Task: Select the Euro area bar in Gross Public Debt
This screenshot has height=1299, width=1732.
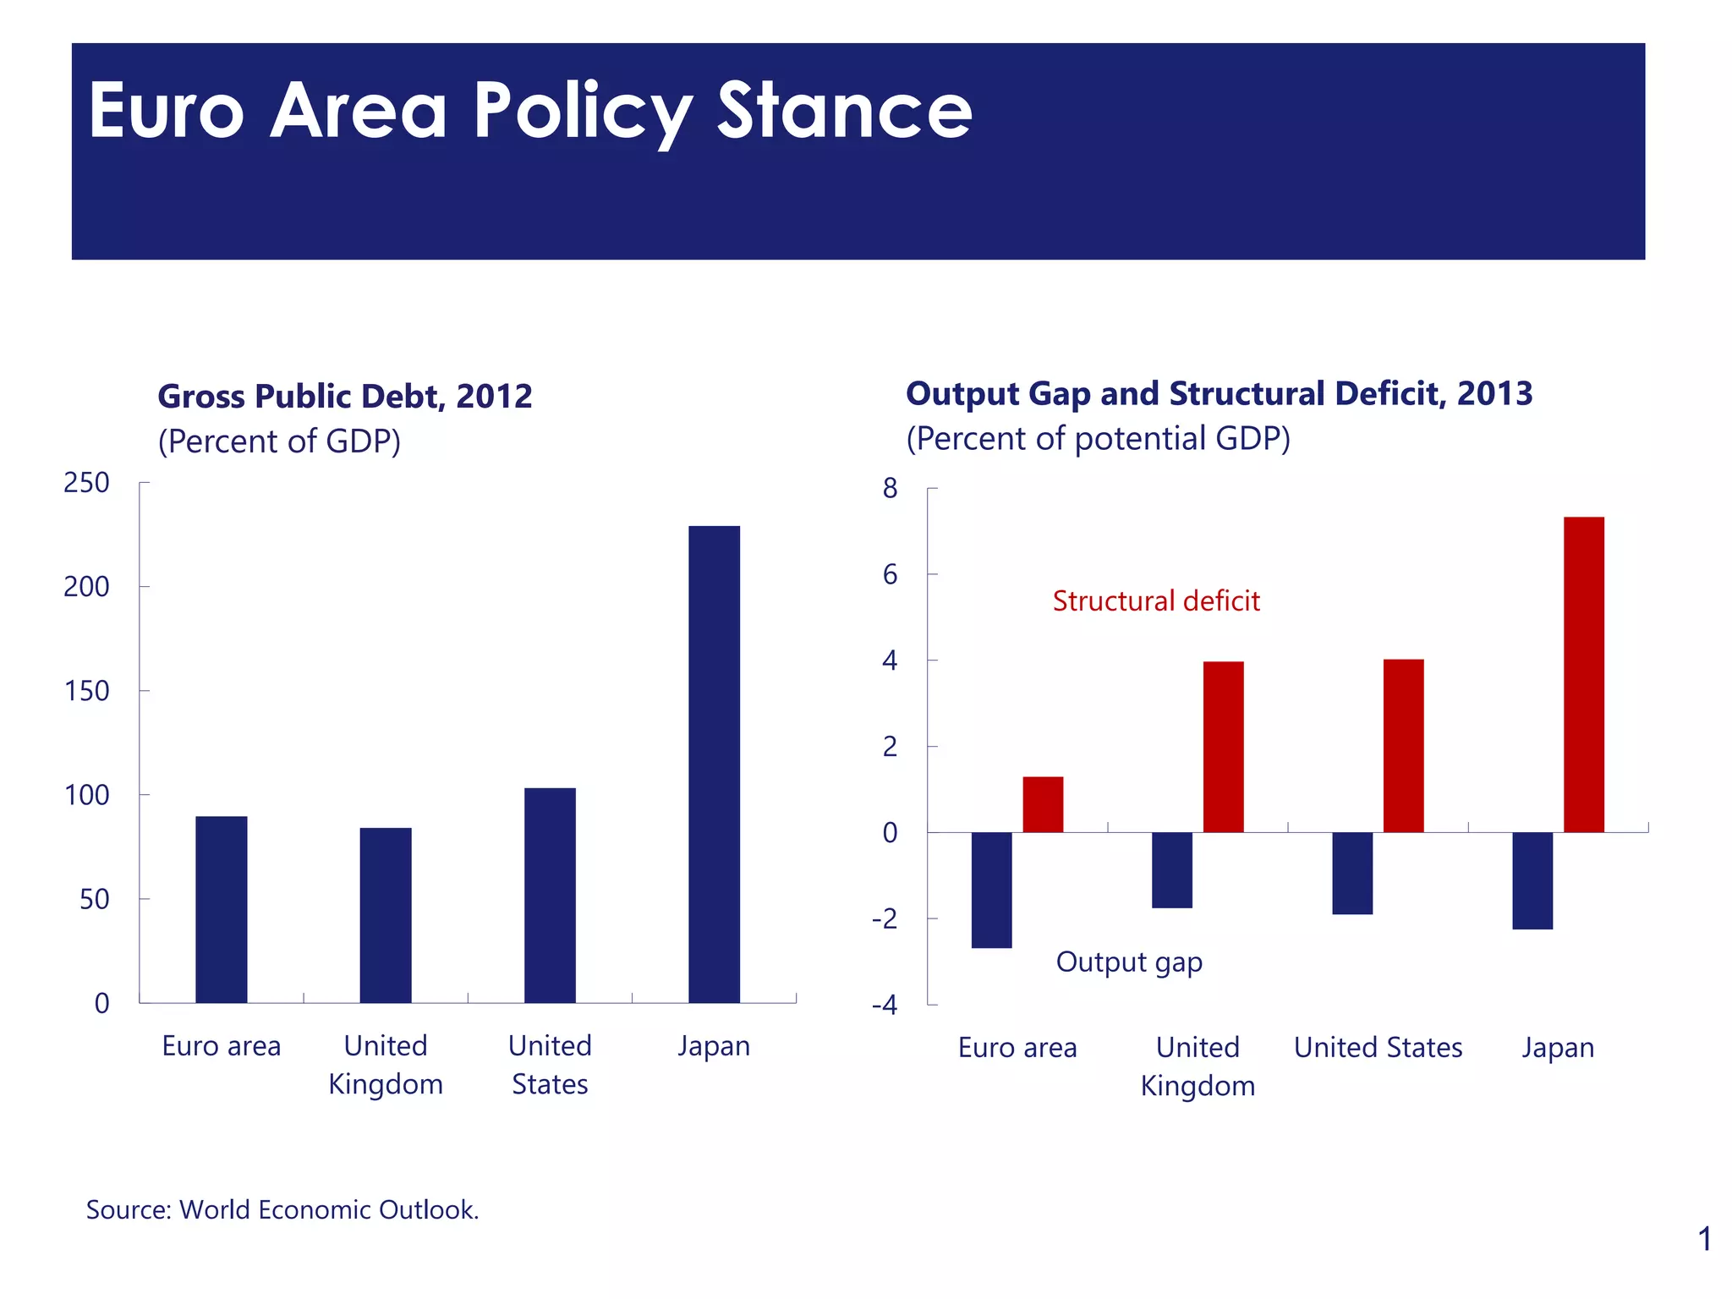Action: tap(222, 909)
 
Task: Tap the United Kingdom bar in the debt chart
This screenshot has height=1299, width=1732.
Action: tap(386, 915)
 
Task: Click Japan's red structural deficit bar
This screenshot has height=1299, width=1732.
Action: tap(1583, 674)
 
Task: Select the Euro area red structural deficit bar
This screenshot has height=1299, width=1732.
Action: tap(1043, 804)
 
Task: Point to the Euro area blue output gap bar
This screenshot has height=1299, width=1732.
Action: tap(991, 890)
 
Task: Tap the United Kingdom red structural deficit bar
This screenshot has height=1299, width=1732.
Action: tap(1223, 747)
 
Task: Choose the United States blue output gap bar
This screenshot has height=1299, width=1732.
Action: tap(1352, 873)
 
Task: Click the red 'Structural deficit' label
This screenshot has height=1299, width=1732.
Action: tap(1156, 601)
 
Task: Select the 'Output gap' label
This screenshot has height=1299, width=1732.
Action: tap(1129, 962)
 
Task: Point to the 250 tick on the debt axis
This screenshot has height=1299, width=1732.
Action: tap(87, 483)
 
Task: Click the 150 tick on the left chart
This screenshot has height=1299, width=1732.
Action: tap(87, 691)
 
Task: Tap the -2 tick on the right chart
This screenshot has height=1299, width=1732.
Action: tap(885, 919)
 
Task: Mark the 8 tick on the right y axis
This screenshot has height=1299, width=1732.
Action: tap(890, 489)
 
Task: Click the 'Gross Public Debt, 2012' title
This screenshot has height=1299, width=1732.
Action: tap(345, 397)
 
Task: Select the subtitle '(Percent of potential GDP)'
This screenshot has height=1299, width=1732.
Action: tap(1098, 439)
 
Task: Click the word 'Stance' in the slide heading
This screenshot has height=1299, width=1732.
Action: tap(845, 111)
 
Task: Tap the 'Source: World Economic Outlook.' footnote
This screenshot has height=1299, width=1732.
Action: tap(282, 1210)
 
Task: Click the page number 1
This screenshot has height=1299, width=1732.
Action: tap(1704, 1240)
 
